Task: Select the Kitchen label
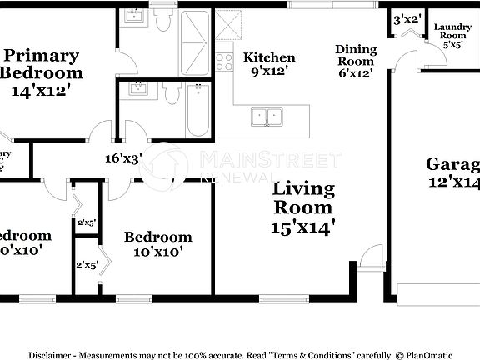point(268,57)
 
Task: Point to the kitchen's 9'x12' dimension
point(268,72)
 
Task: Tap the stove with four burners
point(224,61)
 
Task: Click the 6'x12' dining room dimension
point(356,72)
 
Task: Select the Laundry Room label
point(452,32)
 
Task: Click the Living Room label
point(303,198)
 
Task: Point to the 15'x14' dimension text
point(303,226)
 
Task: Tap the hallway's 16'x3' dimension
point(123,157)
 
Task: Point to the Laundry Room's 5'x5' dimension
point(452,46)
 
